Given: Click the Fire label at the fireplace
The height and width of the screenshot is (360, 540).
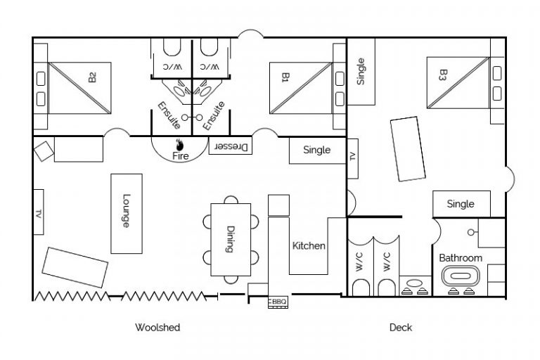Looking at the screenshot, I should (x=181, y=157).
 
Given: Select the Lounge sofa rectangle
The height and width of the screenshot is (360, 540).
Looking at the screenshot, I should (x=127, y=213).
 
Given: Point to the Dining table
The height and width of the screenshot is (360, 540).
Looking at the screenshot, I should (x=230, y=239).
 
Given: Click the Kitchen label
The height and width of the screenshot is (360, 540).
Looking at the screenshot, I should (x=309, y=246).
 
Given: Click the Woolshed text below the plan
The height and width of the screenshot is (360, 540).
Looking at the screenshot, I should (x=157, y=328).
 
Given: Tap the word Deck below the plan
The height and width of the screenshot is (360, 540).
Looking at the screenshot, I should (x=401, y=328).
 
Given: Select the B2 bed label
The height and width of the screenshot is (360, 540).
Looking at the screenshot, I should (x=92, y=77).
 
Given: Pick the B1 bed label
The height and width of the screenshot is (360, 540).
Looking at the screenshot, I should (x=285, y=77).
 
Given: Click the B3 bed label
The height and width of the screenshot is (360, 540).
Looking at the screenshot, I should (x=443, y=75).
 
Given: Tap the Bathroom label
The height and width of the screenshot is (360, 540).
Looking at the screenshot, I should (x=461, y=258).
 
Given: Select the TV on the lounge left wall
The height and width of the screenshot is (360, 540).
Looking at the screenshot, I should (x=39, y=212).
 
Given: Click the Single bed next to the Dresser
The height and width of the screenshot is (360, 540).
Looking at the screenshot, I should (x=317, y=150).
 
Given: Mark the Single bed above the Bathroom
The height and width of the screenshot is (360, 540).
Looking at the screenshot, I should (x=461, y=204).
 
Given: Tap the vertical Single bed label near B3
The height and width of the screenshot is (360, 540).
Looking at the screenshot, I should (x=361, y=70).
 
